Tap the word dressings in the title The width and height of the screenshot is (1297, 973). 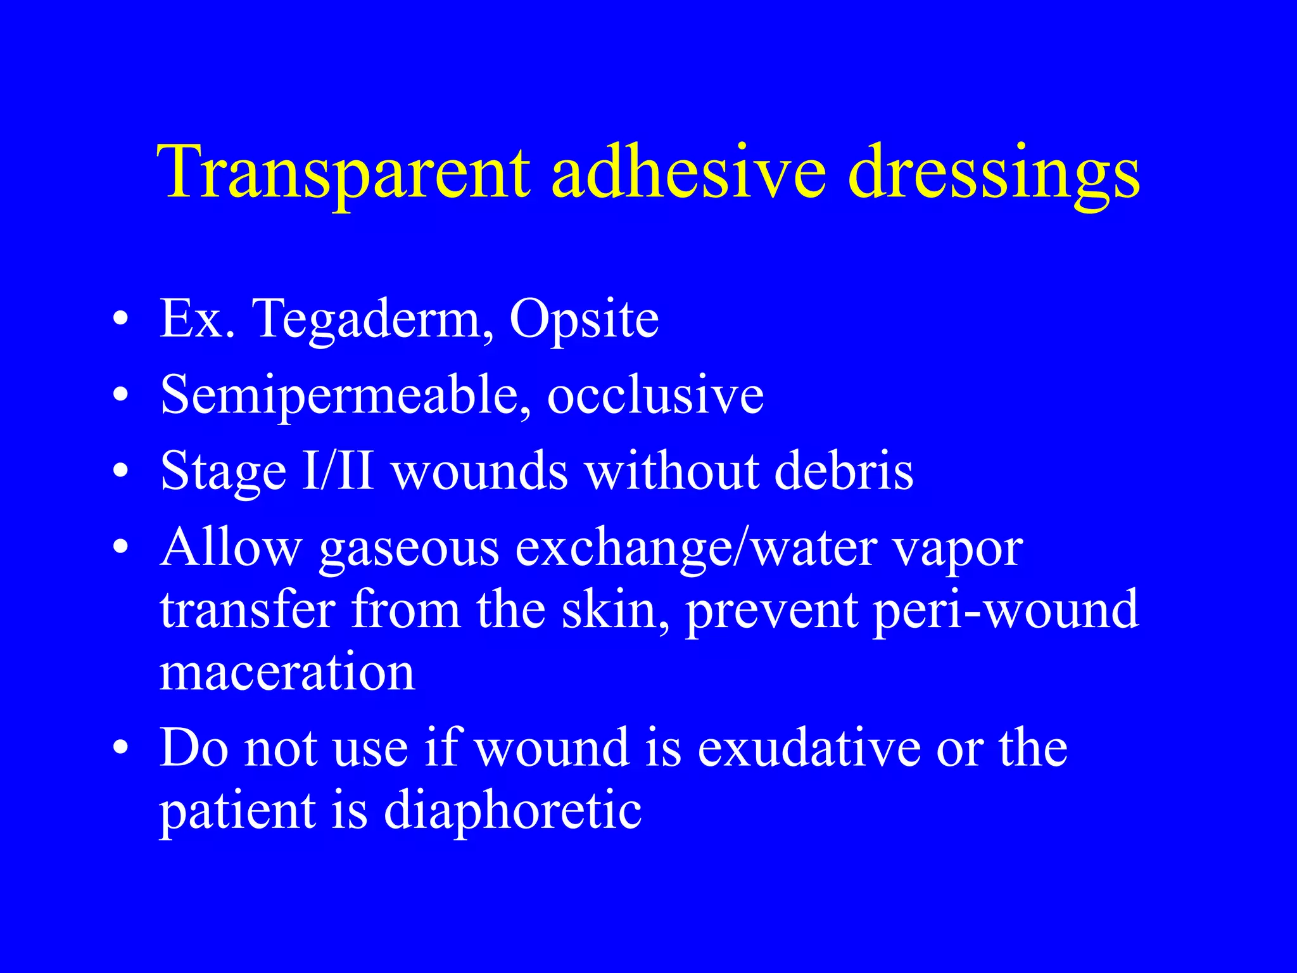[994, 172]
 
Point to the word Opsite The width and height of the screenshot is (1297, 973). [584, 319]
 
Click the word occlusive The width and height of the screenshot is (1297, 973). [655, 396]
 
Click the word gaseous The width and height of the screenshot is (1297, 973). [409, 549]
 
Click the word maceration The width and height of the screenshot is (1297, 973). [287, 672]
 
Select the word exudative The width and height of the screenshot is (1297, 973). [809, 748]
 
